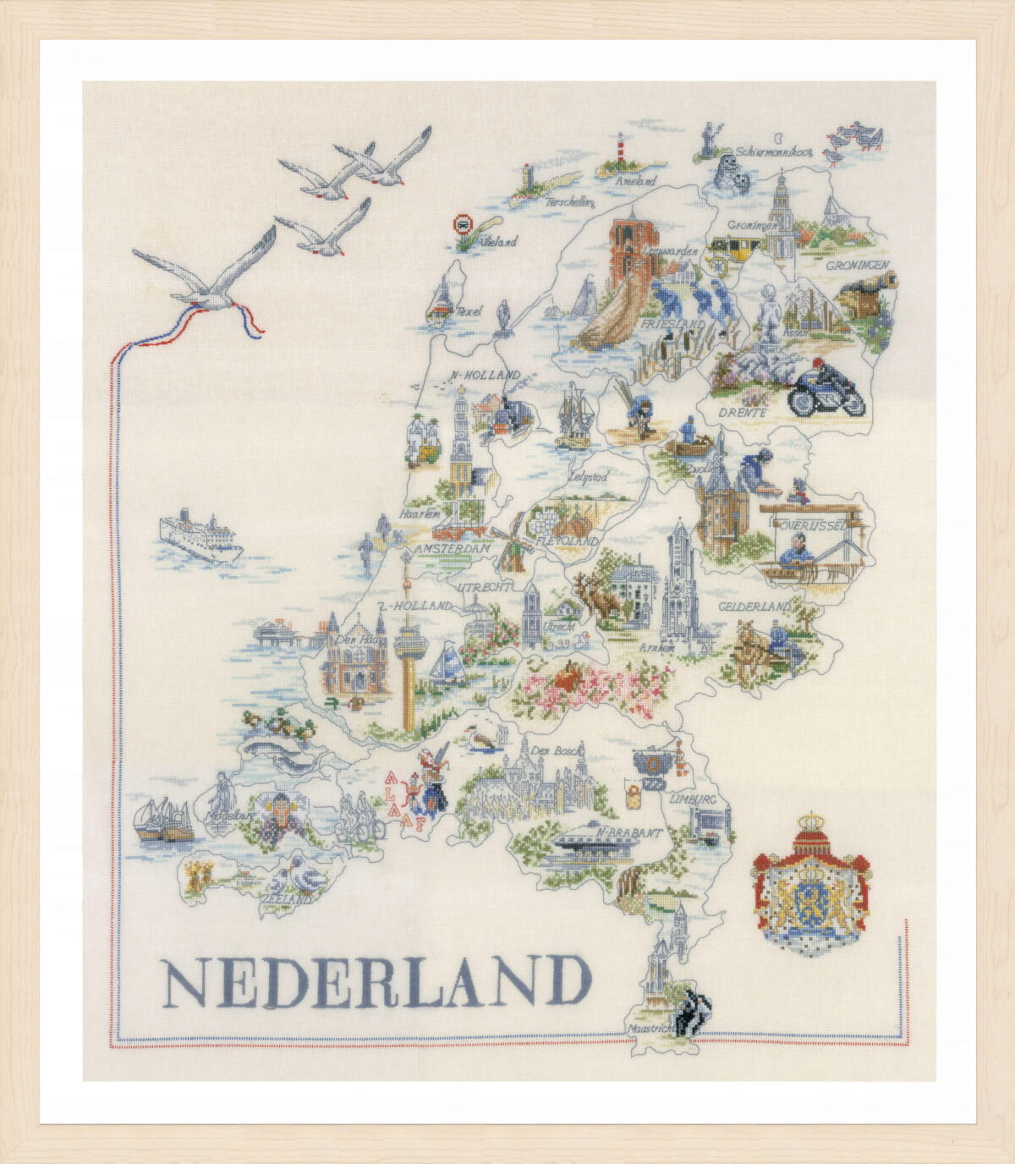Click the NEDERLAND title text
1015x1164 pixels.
point(376,982)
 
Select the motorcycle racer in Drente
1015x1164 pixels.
point(827,390)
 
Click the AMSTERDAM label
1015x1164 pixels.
point(453,549)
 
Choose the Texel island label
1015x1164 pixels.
point(469,311)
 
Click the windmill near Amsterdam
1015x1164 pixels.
point(511,542)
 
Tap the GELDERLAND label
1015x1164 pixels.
point(754,607)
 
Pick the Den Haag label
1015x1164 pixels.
point(355,640)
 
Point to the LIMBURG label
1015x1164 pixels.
point(693,799)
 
